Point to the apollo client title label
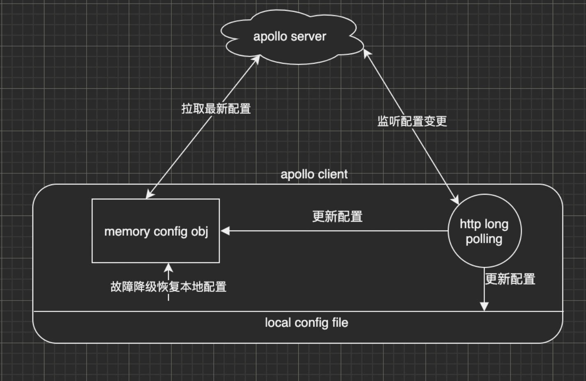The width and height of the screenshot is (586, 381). [314, 174]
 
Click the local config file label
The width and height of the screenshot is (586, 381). [306, 323]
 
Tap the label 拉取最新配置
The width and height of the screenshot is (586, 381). [216, 109]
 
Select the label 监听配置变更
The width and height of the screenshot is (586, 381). [412, 121]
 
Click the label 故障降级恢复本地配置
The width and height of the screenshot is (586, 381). [168, 287]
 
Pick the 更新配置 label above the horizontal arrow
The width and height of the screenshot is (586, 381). [337, 216]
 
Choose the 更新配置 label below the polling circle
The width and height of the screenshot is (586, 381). [510, 279]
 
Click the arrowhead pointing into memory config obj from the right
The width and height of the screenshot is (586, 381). [225, 231]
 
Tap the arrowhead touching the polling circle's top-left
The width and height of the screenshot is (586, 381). [455, 200]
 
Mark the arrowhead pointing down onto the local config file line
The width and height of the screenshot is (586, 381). [484, 306]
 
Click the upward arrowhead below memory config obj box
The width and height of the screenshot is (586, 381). [168, 268]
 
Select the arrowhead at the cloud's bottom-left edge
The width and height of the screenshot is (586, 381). [256, 60]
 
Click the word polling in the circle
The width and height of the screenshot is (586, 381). [484, 239]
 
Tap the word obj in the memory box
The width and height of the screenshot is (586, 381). [200, 232]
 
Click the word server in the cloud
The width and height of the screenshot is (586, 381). [308, 37]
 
